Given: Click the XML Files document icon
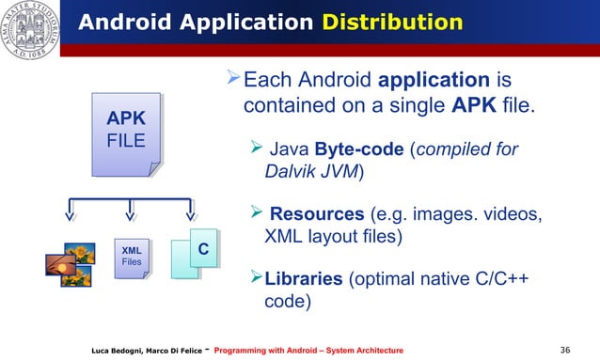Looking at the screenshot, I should coord(132,257).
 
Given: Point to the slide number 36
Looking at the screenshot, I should coord(564,350).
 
